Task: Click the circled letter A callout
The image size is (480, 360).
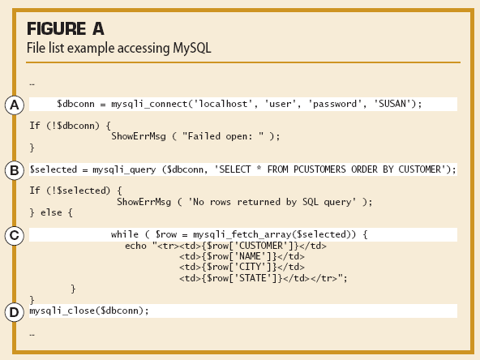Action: point(15,105)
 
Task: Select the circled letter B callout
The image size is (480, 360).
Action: point(15,170)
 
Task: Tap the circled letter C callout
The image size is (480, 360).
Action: point(15,235)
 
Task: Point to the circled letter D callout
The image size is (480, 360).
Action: point(15,312)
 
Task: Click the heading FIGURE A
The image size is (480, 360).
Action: point(66,28)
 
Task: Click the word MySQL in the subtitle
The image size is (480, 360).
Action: point(192,49)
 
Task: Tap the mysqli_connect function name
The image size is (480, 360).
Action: point(149,104)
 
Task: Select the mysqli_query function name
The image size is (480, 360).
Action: point(124,169)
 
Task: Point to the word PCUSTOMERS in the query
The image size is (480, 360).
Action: point(320,169)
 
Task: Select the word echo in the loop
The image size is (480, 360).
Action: point(135,246)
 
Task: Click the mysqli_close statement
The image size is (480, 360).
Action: point(89,311)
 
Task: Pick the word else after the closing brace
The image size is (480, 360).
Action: point(51,212)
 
